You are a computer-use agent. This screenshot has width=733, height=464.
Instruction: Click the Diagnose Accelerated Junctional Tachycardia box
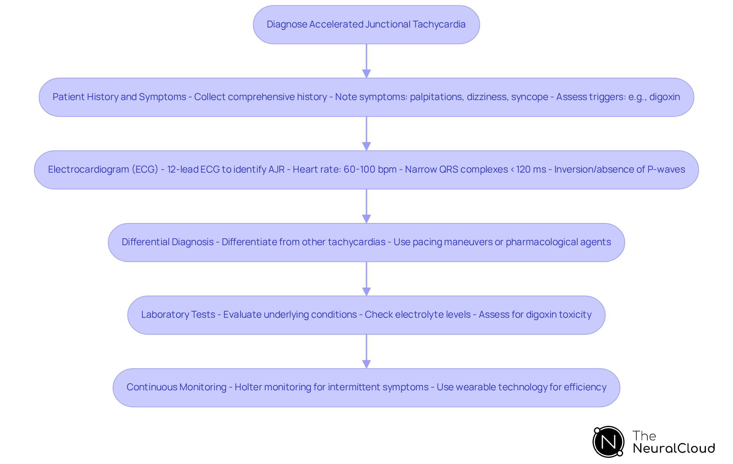click(x=366, y=24)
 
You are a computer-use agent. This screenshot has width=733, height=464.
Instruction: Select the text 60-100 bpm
click(x=370, y=170)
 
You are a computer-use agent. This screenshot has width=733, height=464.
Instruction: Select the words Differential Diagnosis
click(x=168, y=242)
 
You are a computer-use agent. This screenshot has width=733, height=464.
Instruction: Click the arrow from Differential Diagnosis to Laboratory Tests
click(x=366, y=279)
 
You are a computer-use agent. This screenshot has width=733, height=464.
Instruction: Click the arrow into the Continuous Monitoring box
click(x=366, y=351)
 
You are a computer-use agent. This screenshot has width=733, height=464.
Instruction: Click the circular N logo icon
click(x=609, y=442)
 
